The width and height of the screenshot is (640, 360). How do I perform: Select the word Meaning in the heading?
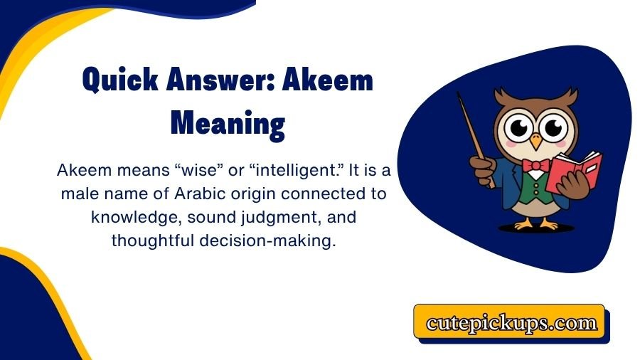tap(228, 123)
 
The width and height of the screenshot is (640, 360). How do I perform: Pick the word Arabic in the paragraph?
tap(193, 194)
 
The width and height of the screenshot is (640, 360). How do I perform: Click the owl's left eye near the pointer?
tap(517, 128)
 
